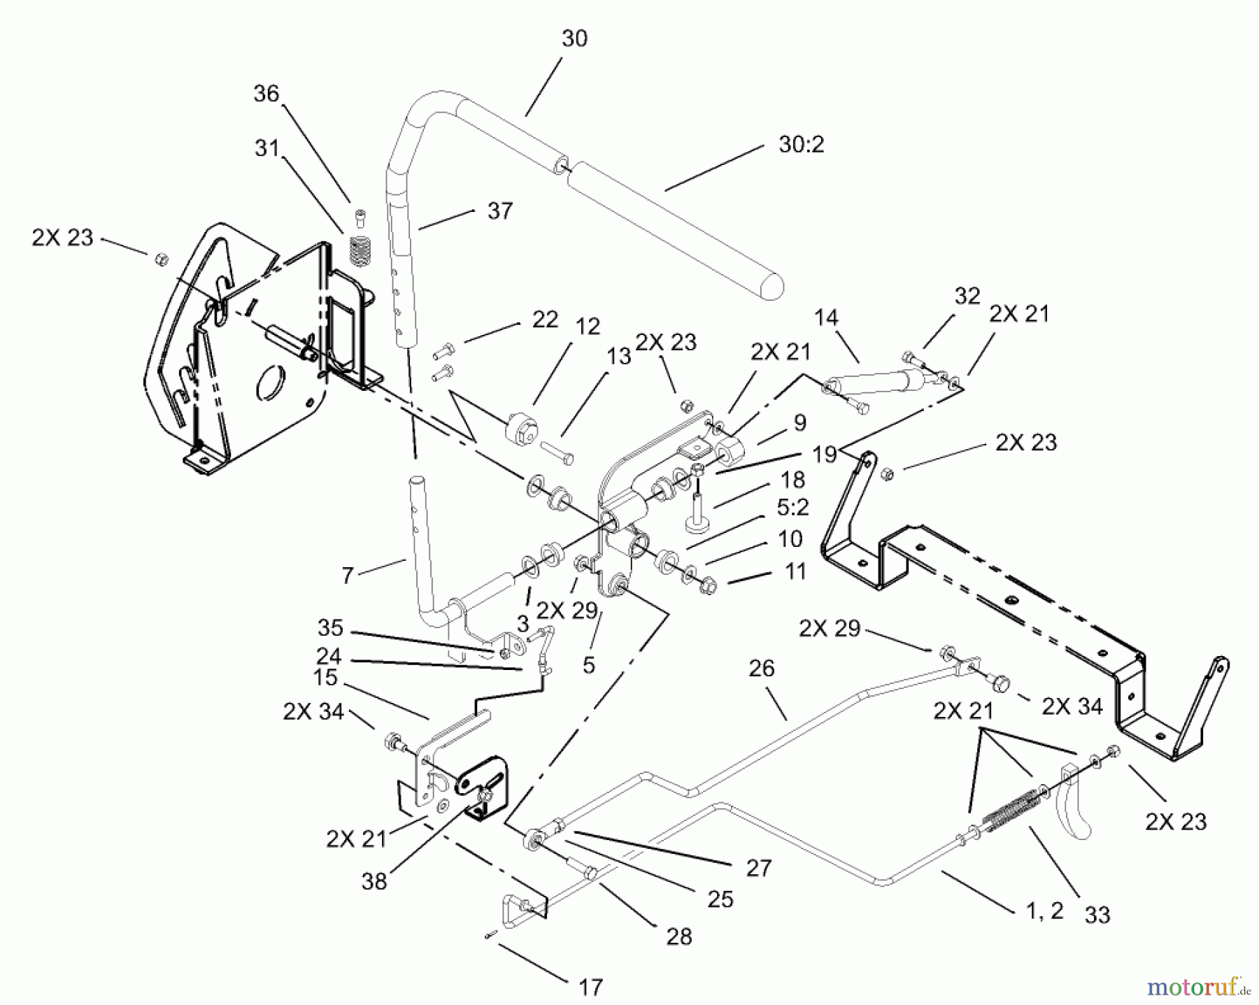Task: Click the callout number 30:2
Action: [x=801, y=145]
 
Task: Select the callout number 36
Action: [x=266, y=94]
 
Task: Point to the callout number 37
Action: [x=499, y=211]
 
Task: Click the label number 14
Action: [x=825, y=318]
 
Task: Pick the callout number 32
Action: [x=967, y=296]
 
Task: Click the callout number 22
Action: [x=545, y=320]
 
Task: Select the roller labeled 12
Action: [x=520, y=428]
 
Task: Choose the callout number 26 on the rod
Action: [x=761, y=669]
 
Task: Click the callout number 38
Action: [x=374, y=881]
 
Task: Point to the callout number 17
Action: [x=590, y=988]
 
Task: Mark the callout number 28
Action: [x=678, y=936]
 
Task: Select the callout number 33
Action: [x=1097, y=915]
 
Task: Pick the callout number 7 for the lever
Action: [x=348, y=576]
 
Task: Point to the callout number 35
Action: [x=329, y=627]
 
